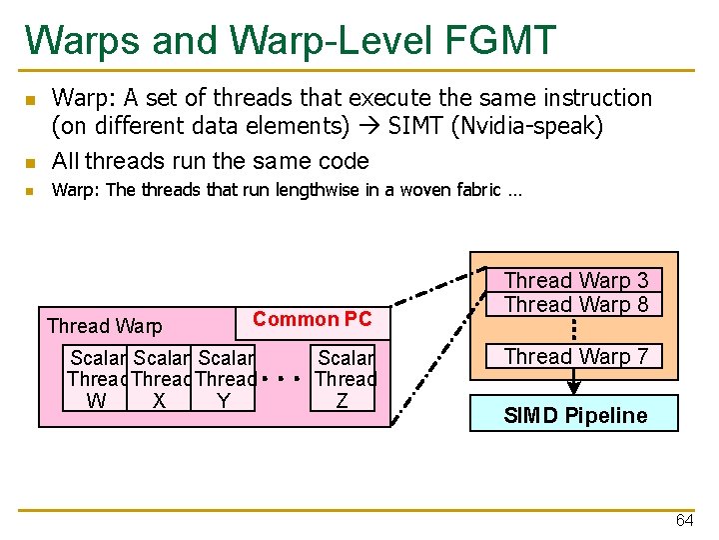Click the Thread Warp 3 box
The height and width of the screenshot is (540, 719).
(575, 281)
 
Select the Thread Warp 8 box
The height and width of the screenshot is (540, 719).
(575, 304)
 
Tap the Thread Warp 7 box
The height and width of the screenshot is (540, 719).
(575, 356)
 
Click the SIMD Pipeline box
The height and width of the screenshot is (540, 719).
(574, 415)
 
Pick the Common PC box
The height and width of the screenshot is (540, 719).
(312, 320)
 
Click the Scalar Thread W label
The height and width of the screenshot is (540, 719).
(98, 379)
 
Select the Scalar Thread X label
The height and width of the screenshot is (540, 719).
(161, 379)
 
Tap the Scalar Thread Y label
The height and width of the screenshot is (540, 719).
(226, 379)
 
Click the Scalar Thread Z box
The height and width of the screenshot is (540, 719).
(345, 379)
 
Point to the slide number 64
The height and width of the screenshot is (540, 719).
(684, 520)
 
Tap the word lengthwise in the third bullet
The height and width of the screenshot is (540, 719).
(316, 190)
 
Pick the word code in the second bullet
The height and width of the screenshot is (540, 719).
(343, 160)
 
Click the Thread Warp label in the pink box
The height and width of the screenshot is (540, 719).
(104, 326)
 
